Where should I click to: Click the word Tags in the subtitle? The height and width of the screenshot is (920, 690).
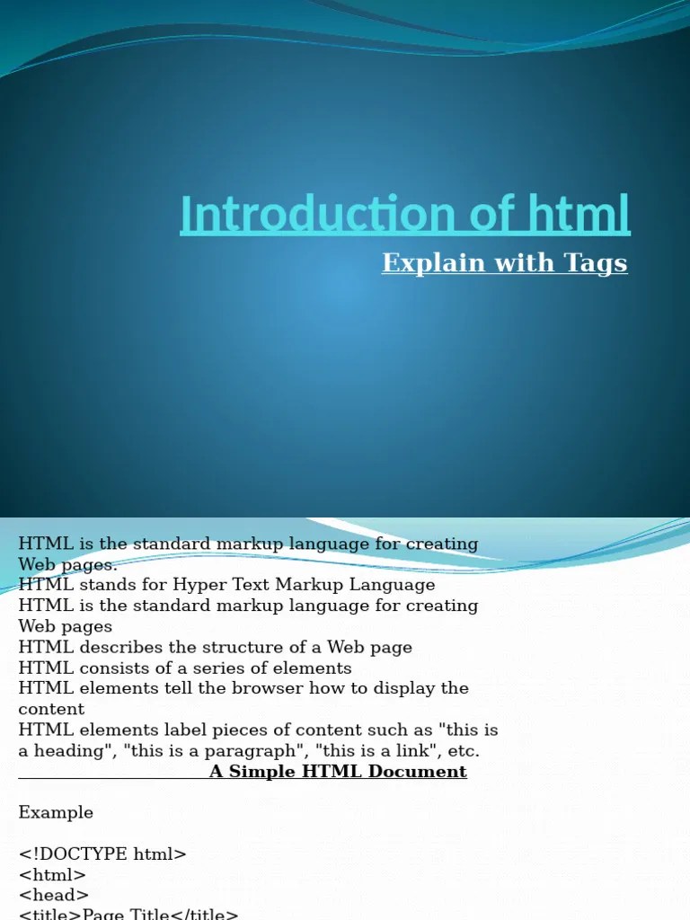pyautogui.click(x=596, y=262)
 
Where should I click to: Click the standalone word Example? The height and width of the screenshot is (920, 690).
pyautogui.click(x=56, y=812)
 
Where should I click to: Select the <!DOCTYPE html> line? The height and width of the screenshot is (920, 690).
pyautogui.click(x=102, y=854)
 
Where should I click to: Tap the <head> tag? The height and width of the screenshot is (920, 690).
pyautogui.click(x=54, y=895)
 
